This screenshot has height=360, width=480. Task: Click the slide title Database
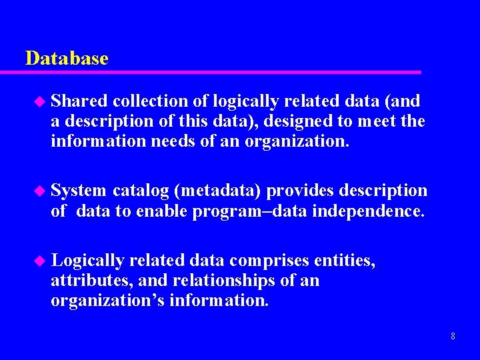(67, 59)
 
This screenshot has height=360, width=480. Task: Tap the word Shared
(79, 101)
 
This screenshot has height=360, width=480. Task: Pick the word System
(79, 191)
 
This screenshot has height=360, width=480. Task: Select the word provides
(303, 191)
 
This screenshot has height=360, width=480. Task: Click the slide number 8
(453, 336)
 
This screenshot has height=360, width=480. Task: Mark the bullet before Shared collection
(38, 102)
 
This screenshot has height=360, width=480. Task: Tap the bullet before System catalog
(38, 191)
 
